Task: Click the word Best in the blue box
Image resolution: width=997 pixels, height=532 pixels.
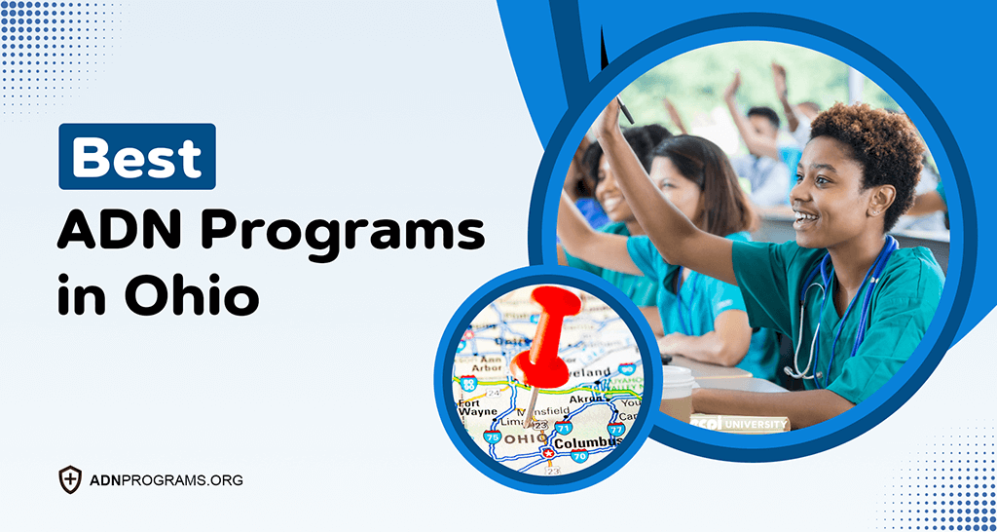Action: pyautogui.click(x=136, y=156)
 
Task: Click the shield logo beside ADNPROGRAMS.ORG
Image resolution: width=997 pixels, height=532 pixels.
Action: pyautogui.click(x=70, y=479)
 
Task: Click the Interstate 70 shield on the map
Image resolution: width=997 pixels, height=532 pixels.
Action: pyautogui.click(x=580, y=456)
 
